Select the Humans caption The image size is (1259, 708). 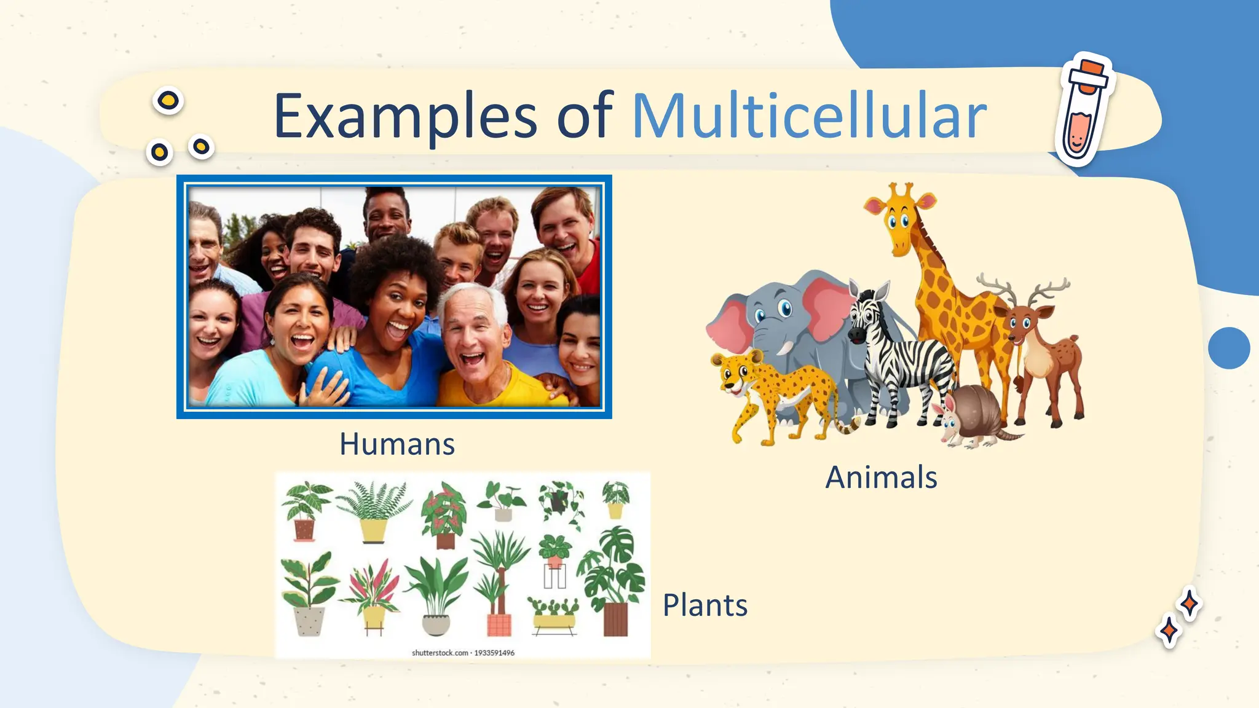coord(397,444)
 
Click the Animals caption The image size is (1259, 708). coord(881,477)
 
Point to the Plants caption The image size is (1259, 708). coord(704,605)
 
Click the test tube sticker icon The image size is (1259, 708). coord(1083,111)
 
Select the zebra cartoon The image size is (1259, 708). coord(898,356)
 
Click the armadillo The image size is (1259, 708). coord(971,415)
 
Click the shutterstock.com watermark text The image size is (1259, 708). coord(462,653)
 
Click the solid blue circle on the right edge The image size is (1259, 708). coord(1228,348)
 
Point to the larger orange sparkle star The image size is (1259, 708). coord(1188,604)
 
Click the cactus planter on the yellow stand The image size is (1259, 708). coord(554,615)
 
